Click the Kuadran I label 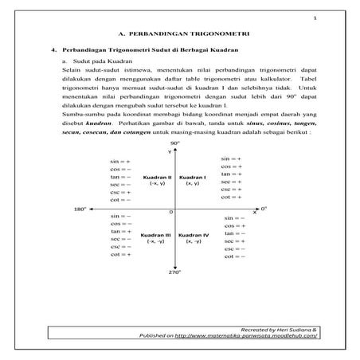click(x=193, y=177)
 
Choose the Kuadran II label click(x=157, y=177)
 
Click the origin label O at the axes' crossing click(x=170, y=213)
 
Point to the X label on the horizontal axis click(x=255, y=213)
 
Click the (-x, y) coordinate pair click(x=157, y=184)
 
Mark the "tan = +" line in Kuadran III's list click(x=122, y=231)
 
